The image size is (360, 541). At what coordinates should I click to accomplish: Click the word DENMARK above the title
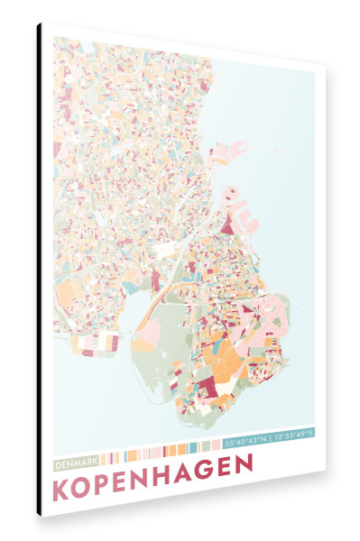click(77, 463)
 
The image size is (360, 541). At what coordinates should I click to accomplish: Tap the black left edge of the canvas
click(39, 270)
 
